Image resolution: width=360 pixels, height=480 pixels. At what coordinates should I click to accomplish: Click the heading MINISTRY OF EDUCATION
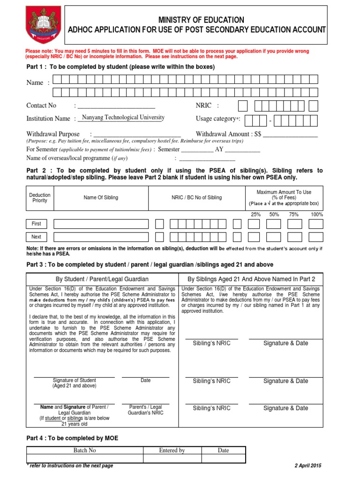pos(201,20)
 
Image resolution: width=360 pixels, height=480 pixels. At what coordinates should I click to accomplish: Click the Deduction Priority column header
pos(40,198)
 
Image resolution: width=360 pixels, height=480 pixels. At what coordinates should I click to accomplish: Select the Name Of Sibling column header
pos(101,198)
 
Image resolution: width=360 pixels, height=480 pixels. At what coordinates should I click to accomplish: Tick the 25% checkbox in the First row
pos(254,224)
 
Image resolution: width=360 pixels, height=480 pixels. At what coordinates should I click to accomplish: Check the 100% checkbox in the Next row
pos(315,237)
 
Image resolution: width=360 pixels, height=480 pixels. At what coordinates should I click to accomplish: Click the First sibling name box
pos(101,224)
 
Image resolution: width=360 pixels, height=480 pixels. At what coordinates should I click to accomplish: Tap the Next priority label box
pos(37,237)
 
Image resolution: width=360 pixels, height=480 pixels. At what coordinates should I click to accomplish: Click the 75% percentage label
pos(294,214)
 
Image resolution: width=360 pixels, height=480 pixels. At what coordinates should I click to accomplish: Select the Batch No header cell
pos(85,450)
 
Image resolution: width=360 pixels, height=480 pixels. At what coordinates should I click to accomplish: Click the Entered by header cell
pos(172,450)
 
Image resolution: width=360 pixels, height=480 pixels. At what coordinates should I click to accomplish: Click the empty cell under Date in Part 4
pos(224,459)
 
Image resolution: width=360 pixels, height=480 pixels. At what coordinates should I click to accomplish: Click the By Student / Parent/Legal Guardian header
pos(102,279)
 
